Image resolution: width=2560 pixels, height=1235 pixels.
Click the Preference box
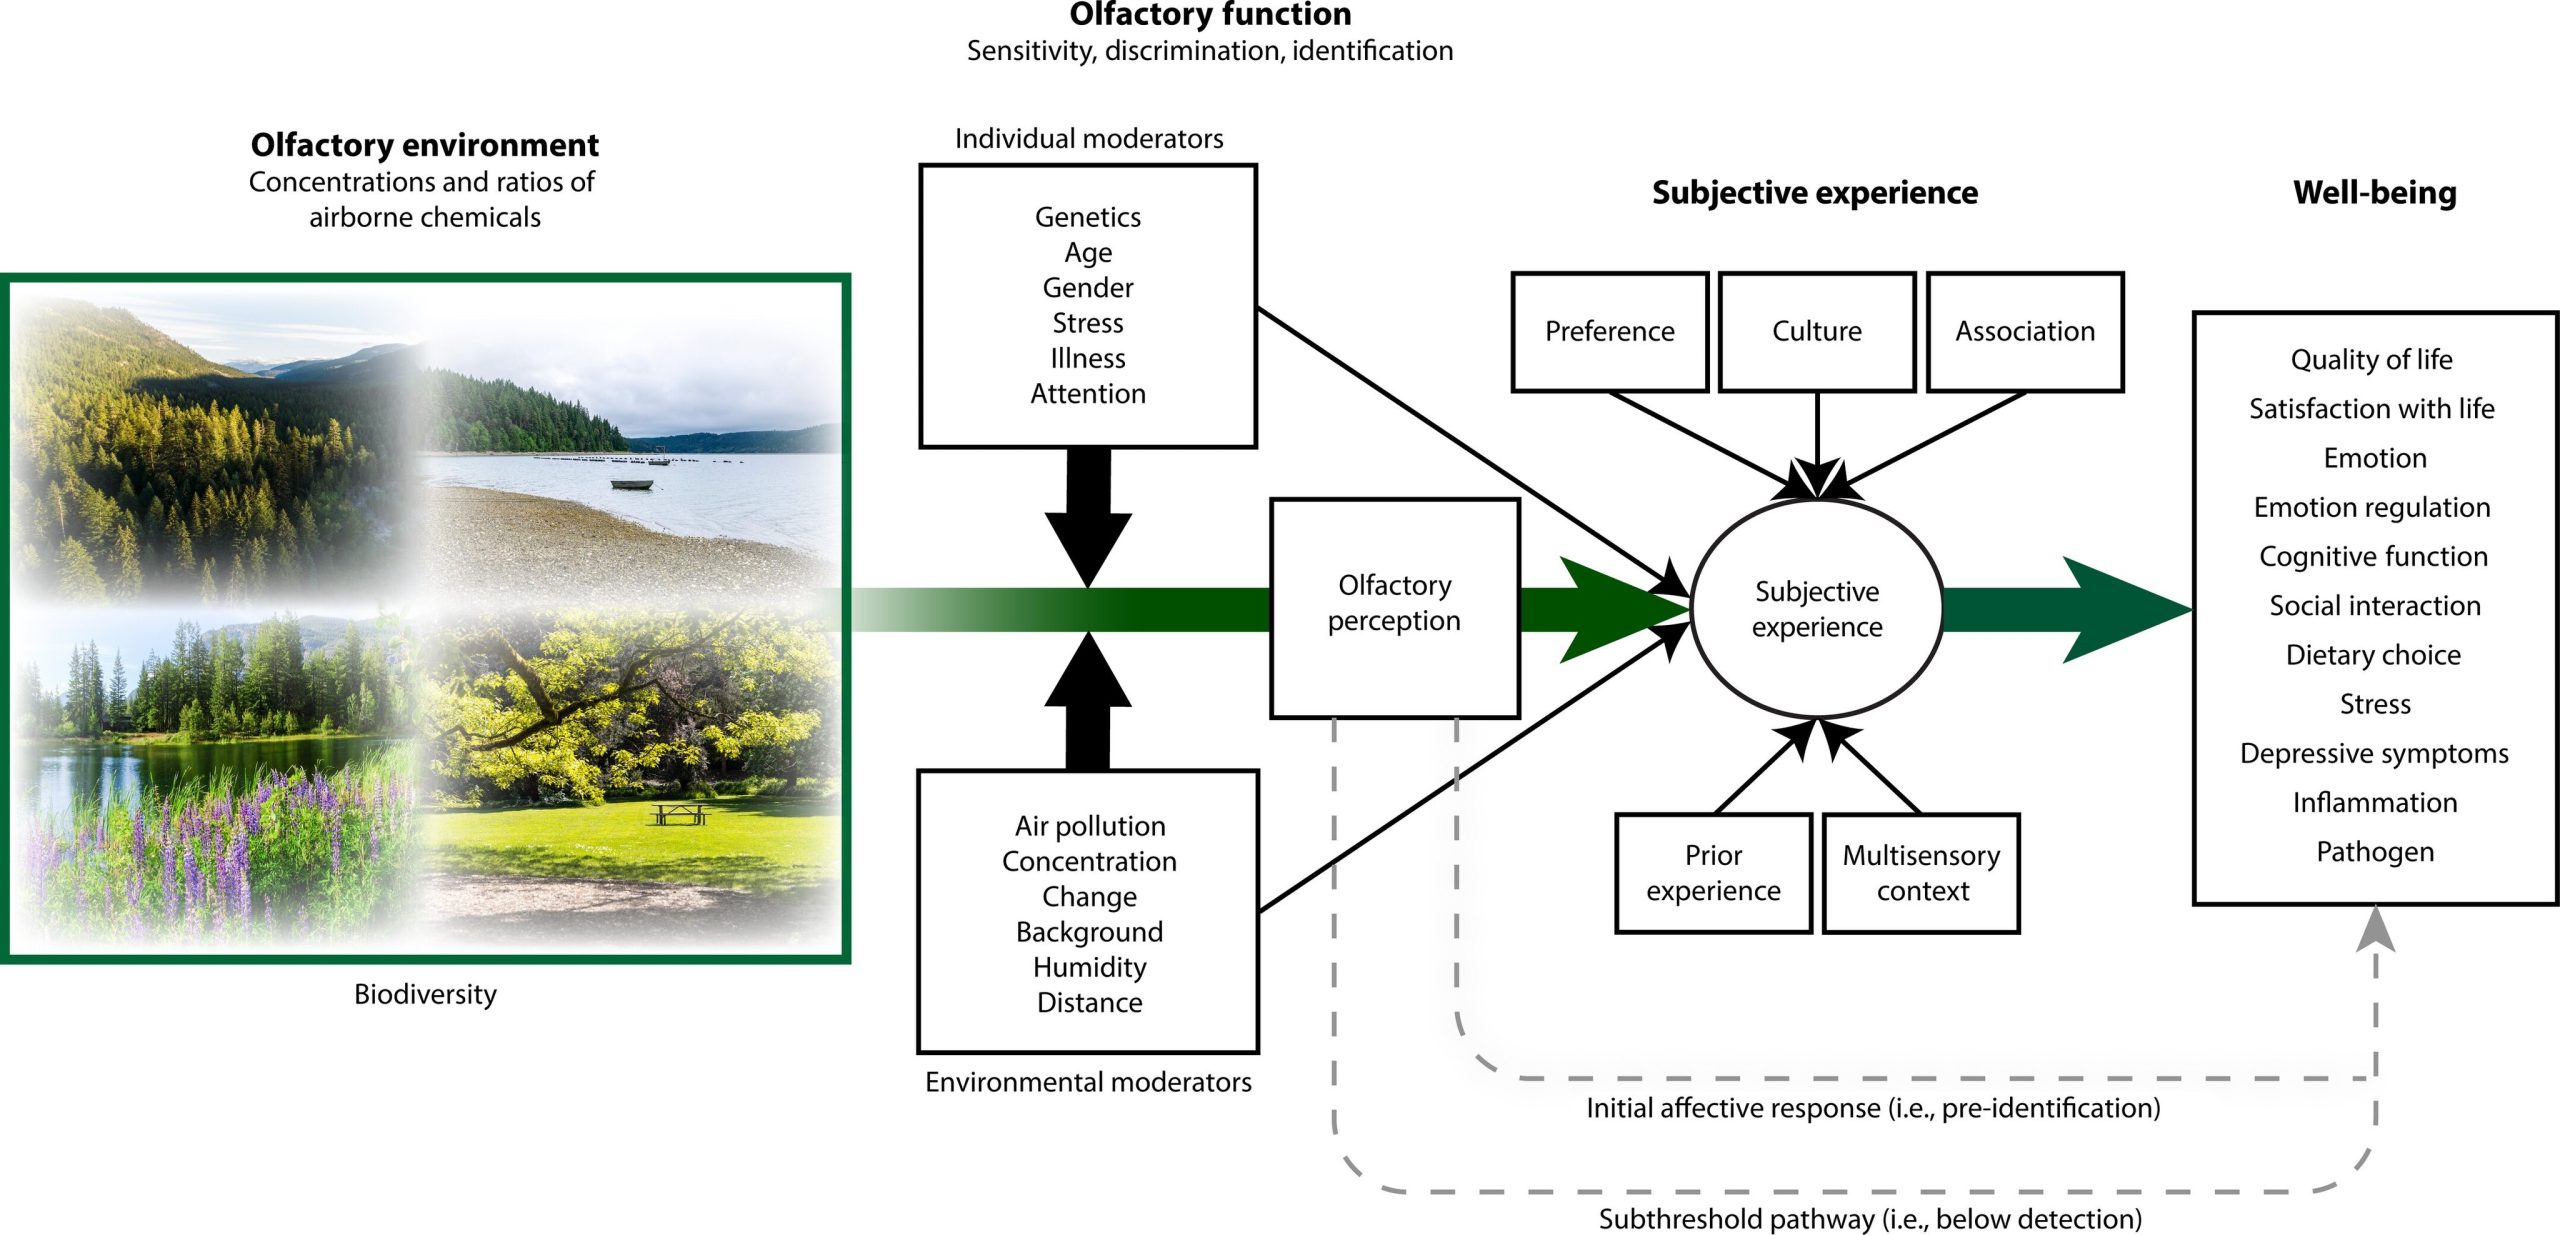tap(1609, 332)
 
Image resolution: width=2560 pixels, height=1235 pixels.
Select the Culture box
tap(1816, 332)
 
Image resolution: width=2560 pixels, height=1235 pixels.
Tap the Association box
tap(2024, 332)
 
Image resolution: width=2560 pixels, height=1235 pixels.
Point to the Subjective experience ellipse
tap(1816, 608)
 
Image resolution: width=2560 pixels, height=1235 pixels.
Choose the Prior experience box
tap(1713, 873)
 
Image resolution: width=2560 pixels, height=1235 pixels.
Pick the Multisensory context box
tap(1921, 873)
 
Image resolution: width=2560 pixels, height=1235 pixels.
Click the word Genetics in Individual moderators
tap(1087, 217)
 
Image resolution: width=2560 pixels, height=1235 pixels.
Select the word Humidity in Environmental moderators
tap(1089, 967)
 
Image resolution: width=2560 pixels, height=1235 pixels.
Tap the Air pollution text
tap(1089, 826)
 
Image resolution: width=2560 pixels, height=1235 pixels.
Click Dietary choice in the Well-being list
tap(2373, 655)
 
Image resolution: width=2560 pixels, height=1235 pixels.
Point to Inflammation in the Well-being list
tap(2374, 802)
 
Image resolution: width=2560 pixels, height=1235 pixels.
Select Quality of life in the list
tap(2371, 359)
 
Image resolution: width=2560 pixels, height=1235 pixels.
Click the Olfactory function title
tap(1210, 15)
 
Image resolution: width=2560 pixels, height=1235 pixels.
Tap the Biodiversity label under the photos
tap(425, 994)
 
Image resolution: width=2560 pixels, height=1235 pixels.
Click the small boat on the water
tap(631, 485)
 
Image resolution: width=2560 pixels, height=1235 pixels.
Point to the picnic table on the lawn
tap(679, 814)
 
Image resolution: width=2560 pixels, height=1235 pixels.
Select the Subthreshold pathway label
tap(1869, 1219)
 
